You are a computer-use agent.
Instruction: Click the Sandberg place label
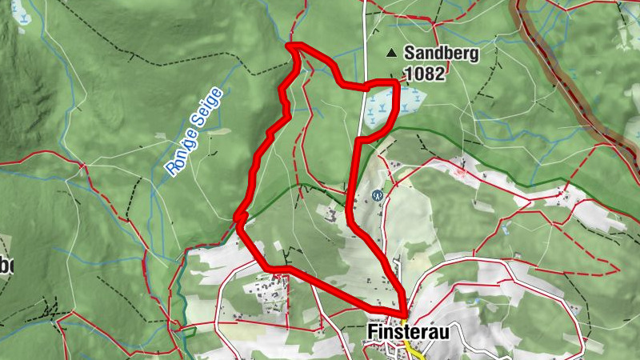[441, 54]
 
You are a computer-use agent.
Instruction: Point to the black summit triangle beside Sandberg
[391, 54]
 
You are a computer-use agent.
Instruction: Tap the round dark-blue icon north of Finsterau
[378, 194]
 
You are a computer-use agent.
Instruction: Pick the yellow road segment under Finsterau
[414, 350]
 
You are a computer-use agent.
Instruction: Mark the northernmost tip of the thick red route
[291, 46]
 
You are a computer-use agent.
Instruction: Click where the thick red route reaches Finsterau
[404, 313]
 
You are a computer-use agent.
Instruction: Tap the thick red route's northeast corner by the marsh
[396, 82]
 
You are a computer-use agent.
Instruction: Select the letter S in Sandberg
[410, 54]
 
